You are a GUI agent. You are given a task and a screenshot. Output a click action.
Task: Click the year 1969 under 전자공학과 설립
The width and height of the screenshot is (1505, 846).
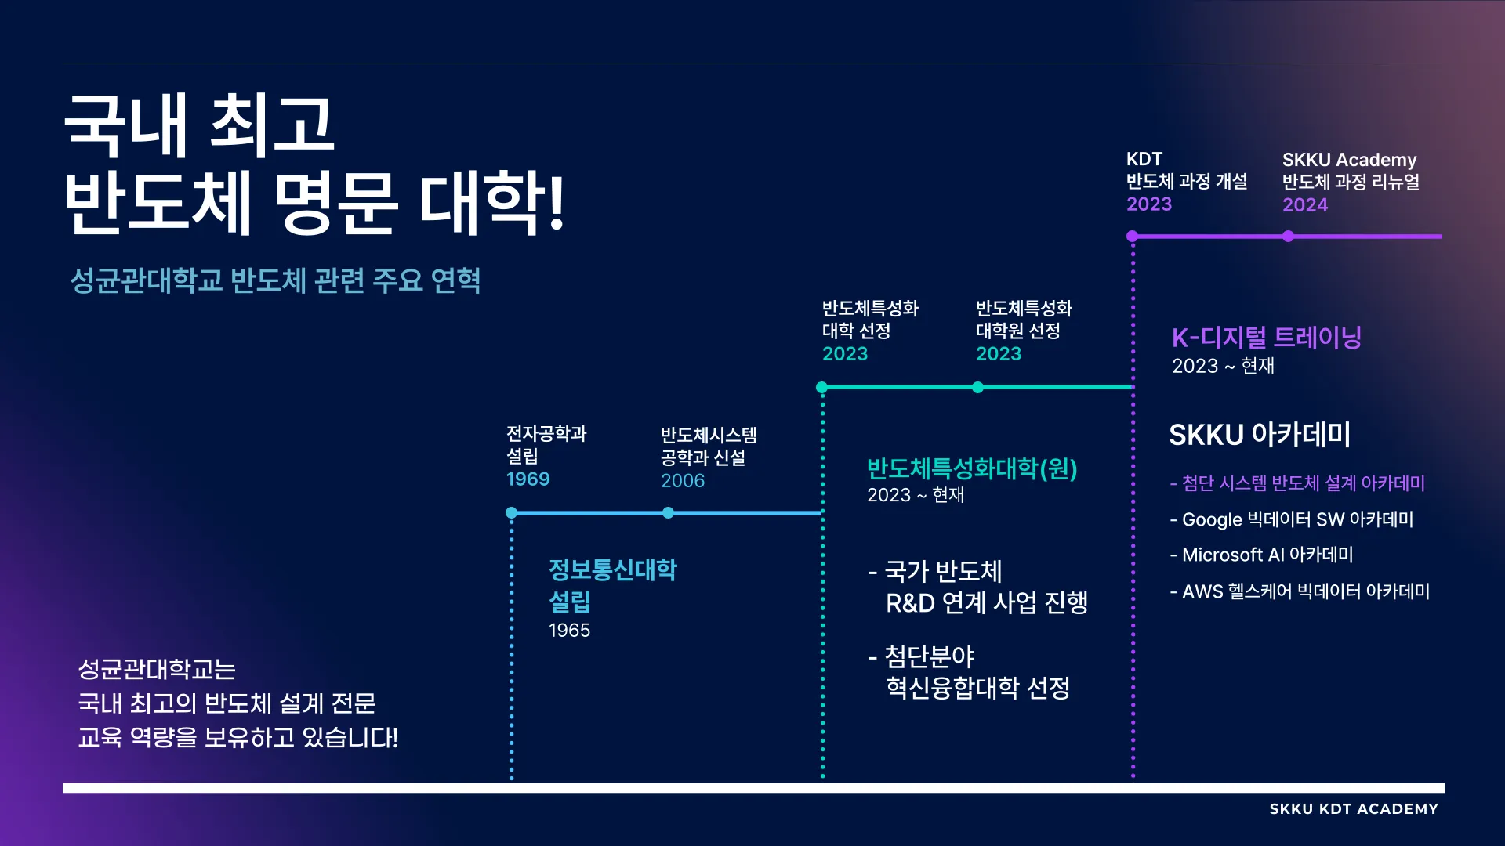click(x=528, y=479)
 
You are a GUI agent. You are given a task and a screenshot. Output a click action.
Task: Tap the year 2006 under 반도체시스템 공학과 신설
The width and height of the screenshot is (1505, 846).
click(x=682, y=480)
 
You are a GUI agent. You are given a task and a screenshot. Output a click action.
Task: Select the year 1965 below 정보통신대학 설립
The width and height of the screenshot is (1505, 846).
click(x=569, y=630)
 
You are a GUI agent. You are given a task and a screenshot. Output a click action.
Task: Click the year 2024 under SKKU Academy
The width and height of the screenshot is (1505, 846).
click(x=1304, y=204)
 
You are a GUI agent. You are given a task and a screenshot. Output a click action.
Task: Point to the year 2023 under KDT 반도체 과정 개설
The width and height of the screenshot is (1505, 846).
click(x=1148, y=204)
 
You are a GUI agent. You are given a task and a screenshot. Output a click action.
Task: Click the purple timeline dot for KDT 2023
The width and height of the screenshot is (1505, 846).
click(x=1132, y=236)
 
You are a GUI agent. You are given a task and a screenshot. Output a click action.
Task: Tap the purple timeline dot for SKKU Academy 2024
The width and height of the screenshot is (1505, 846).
click(x=1288, y=236)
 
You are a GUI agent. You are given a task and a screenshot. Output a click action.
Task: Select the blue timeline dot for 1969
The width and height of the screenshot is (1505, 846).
click(x=511, y=512)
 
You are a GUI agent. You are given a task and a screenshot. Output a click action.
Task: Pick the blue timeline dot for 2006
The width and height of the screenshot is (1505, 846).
click(x=668, y=512)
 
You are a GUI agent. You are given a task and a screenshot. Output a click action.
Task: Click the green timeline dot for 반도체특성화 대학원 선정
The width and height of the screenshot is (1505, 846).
click(x=977, y=387)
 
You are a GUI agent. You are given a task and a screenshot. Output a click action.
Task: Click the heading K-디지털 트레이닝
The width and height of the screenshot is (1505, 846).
click(x=1266, y=338)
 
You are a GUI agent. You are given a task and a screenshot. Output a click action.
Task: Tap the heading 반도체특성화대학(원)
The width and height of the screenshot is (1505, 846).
click(x=972, y=468)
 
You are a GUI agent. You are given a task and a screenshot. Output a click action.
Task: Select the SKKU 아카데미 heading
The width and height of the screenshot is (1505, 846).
click(x=1260, y=435)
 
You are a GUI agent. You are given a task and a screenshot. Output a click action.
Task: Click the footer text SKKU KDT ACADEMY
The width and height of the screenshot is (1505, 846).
click(x=1354, y=809)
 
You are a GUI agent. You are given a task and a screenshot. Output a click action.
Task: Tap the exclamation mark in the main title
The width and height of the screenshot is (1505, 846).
click(x=557, y=205)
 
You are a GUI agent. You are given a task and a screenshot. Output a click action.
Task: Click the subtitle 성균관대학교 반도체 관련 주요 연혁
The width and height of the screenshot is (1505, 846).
click(x=275, y=280)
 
